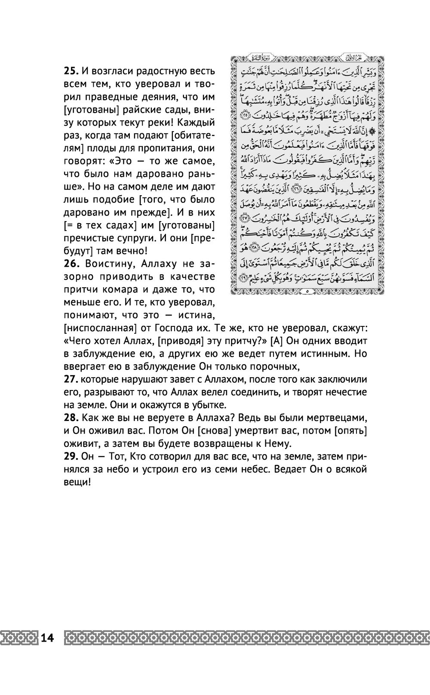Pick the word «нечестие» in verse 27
pyautogui.click(x=347, y=392)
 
